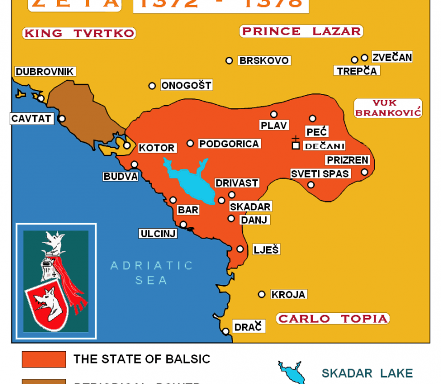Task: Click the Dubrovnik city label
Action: pyautogui.click(x=45, y=72)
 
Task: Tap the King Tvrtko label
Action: pyautogui.click(x=79, y=33)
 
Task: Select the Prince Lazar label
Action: pyautogui.click(x=301, y=31)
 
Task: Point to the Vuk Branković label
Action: pyautogui.click(x=387, y=108)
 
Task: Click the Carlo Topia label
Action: pyautogui.click(x=333, y=319)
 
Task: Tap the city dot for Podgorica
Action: pyautogui.click(x=190, y=143)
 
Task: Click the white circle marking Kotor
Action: pyautogui.click(x=127, y=145)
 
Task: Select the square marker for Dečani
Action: pyautogui.click(x=295, y=146)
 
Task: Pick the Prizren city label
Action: pyautogui.click(x=347, y=160)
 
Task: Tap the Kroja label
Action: pyautogui.click(x=288, y=295)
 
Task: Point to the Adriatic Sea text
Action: pyautogui.click(x=152, y=272)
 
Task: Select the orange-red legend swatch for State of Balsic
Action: pyautogui.click(x=44, y=360)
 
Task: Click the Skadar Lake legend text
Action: pyautogui.click(x=367, y=373)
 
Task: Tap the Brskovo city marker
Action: pyautogui.click(x=229, y=60)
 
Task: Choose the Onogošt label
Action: pyautogui.click(x=186, y=85)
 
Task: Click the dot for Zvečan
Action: pyautogui.click(x=365, y=57)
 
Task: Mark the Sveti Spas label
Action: pyautogui.click(x=320, y=174)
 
